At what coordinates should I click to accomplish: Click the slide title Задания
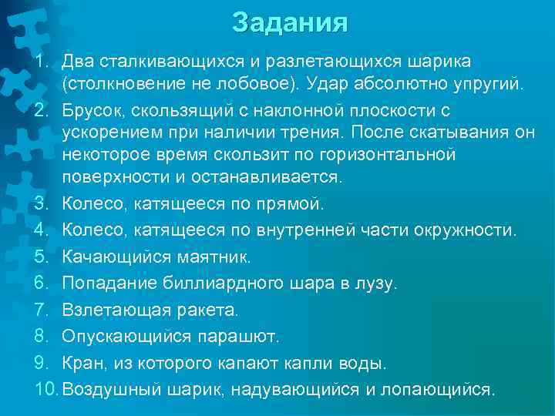[x=289, y=23]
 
